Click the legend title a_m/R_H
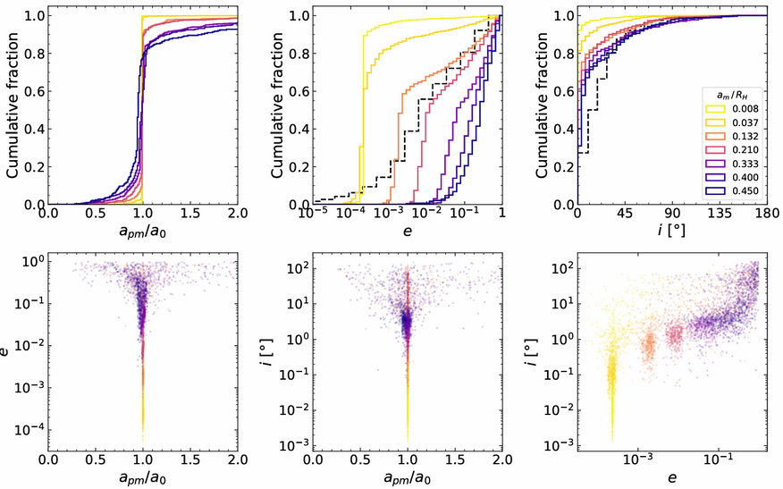tap(731, 96)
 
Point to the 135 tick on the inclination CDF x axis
tap(720, 214)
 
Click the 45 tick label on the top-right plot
tap(625, 214)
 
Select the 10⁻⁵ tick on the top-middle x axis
tap(314, 213)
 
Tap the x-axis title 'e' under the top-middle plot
tap(408, 231)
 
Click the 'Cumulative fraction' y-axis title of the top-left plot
tap(13, 105)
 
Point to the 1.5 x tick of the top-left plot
tap(189, 214)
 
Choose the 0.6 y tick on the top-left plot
tap(35, 91)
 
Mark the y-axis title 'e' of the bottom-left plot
tap(5, 351)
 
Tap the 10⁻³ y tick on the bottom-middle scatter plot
tap(297, 445)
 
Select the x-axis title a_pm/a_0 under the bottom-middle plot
tap(408, 478)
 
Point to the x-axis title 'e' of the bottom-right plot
tap(672, 478)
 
